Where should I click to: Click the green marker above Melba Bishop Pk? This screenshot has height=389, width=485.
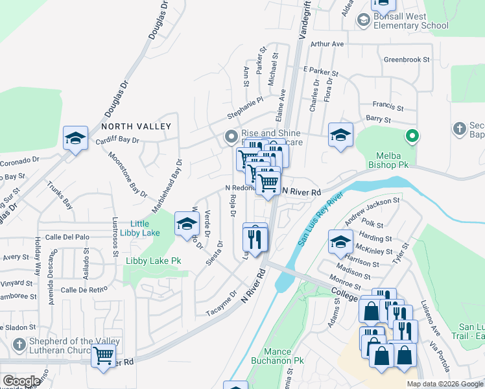click(410, 136)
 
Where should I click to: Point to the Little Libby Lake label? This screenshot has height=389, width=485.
click(134, 228)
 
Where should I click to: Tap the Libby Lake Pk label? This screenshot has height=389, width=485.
click(152, 261)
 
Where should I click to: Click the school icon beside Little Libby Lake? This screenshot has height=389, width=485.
click(186, 224)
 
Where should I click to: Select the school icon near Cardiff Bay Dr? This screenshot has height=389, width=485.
click(75, 138)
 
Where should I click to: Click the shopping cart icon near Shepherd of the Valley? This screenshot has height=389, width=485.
click(104, 355)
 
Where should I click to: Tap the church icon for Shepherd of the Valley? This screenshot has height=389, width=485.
click(19, 344)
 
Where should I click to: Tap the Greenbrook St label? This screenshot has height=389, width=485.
click(407, 59)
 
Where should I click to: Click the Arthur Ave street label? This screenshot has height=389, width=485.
click(327, 44)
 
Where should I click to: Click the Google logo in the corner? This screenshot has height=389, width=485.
click(21, 381)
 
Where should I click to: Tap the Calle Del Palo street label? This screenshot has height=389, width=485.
click(64, 237)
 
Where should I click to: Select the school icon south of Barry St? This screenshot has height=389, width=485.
click(340, 135)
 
